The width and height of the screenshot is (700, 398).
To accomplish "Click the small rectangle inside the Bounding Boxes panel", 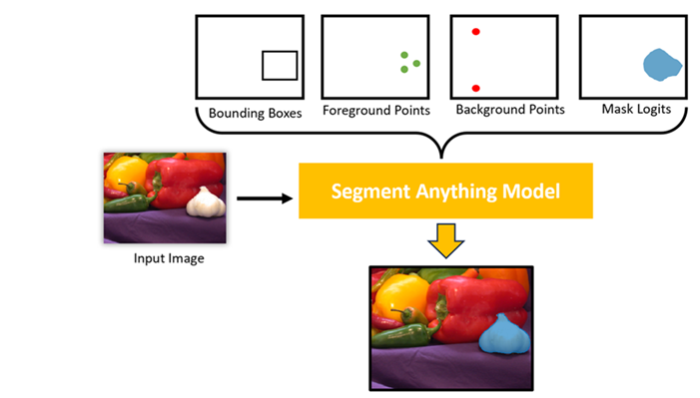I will coord(280,65).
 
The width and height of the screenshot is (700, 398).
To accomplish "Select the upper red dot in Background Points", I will coord(476,32).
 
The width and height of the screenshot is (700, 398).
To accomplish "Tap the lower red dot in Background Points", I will coord(476,89).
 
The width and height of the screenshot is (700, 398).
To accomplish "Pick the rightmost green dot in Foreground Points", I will coord(416,64).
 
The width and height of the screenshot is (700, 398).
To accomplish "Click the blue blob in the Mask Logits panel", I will coord(661,65).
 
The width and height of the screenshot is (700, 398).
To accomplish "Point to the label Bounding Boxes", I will coord(255,112).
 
